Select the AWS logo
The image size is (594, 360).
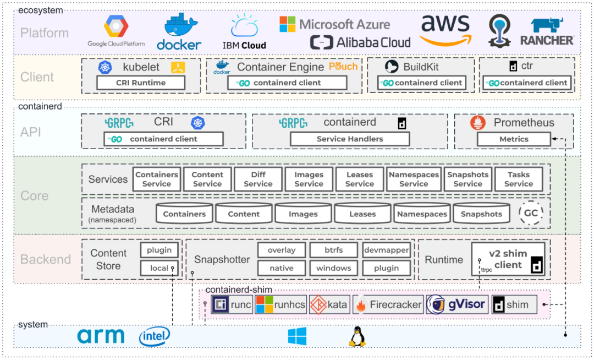coord(446,31)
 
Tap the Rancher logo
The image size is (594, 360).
coord(546,32)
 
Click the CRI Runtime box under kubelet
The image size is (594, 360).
coord(141,83)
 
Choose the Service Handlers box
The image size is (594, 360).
coord(350,139)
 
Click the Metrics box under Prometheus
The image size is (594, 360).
coord(514,139)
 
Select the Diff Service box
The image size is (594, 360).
coord(258,179)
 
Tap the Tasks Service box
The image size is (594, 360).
coord(518,179)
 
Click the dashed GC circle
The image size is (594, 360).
coord(531,214)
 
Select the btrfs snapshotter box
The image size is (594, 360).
coord(333,250)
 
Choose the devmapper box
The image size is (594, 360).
coord(387,250)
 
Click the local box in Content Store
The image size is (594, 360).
coord(159,268)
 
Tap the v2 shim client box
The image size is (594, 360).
coord(508,259)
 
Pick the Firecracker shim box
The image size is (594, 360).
coord(389,304)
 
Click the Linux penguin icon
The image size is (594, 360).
coord(357,336)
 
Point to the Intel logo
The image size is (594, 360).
coord(154,336)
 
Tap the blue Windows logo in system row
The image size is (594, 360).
coord(297,336)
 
